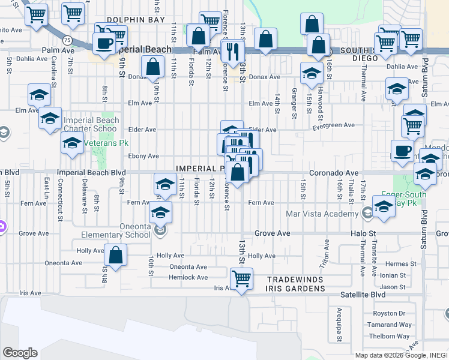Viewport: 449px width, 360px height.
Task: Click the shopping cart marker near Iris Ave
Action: (241, 278)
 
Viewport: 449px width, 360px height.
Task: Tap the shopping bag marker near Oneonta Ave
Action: (116, 254)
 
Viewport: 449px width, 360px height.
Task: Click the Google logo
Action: (20, 353)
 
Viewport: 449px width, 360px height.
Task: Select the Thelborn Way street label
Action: (390, 336)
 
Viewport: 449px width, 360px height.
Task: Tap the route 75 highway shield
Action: (68, 40)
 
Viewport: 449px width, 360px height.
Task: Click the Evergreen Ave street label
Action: (334, 125)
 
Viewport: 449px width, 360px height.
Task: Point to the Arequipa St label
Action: (339, 318)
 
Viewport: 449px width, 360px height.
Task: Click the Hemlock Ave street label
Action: (188, 277)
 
